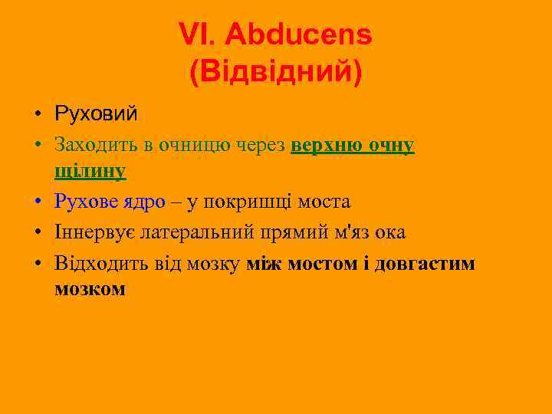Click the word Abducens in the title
(299, 34)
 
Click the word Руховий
(96, 115)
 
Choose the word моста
(323, 202)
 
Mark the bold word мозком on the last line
(90, 290)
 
